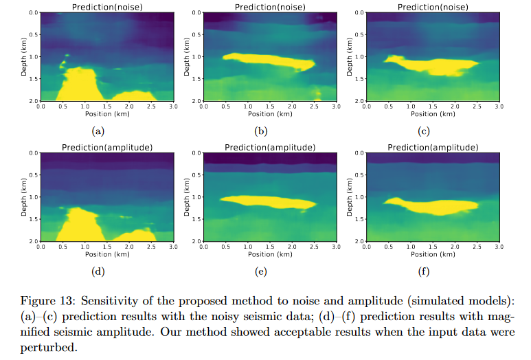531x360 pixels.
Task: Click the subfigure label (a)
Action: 98,130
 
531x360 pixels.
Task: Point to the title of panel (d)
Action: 106,148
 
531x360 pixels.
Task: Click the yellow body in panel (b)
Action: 268,62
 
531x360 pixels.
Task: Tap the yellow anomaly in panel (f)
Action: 433,205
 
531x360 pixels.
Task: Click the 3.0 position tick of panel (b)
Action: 336,106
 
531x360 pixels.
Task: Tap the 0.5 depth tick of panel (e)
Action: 196,175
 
